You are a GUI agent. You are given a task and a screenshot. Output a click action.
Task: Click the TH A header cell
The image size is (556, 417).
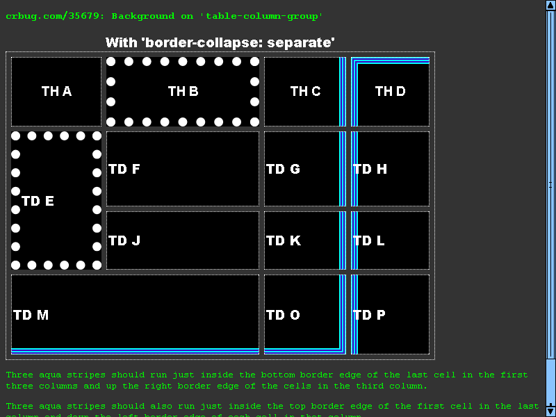[x=56, y=91]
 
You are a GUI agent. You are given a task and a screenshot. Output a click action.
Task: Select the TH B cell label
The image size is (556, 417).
[x=183, y=91]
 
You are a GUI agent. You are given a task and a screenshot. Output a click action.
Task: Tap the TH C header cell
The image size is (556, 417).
[x=305, y=91]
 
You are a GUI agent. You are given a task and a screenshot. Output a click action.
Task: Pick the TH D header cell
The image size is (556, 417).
[x=390, y=91]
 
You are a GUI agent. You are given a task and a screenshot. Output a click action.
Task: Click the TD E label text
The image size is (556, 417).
[x=38, y=201]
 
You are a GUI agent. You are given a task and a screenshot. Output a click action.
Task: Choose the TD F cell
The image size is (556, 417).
[x=182, y=169]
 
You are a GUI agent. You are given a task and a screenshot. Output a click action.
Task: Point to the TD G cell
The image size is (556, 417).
[x=303, y=169]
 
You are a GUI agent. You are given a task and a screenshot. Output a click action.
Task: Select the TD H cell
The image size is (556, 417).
[x=390, y=169]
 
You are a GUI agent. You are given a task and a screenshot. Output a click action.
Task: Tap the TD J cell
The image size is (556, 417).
[x=182, y=240]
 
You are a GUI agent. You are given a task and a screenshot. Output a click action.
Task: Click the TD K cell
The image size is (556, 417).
[x=303, y=240]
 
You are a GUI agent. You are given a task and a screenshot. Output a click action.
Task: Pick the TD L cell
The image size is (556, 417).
[x=390, y=240]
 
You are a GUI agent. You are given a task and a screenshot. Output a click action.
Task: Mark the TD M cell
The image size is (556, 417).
[x=135, y=315]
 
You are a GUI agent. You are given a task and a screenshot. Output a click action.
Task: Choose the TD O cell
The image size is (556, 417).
[x=303, y=315]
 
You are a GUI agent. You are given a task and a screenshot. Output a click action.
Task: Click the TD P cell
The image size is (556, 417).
[x=390, y=315]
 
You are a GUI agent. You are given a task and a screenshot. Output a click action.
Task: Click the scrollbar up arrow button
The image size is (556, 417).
[x=550, y=6]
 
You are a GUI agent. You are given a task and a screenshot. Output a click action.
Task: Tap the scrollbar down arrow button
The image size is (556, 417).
[x=550, y=409]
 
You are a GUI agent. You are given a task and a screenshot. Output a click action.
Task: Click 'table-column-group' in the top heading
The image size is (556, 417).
[x=272, y=16]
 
